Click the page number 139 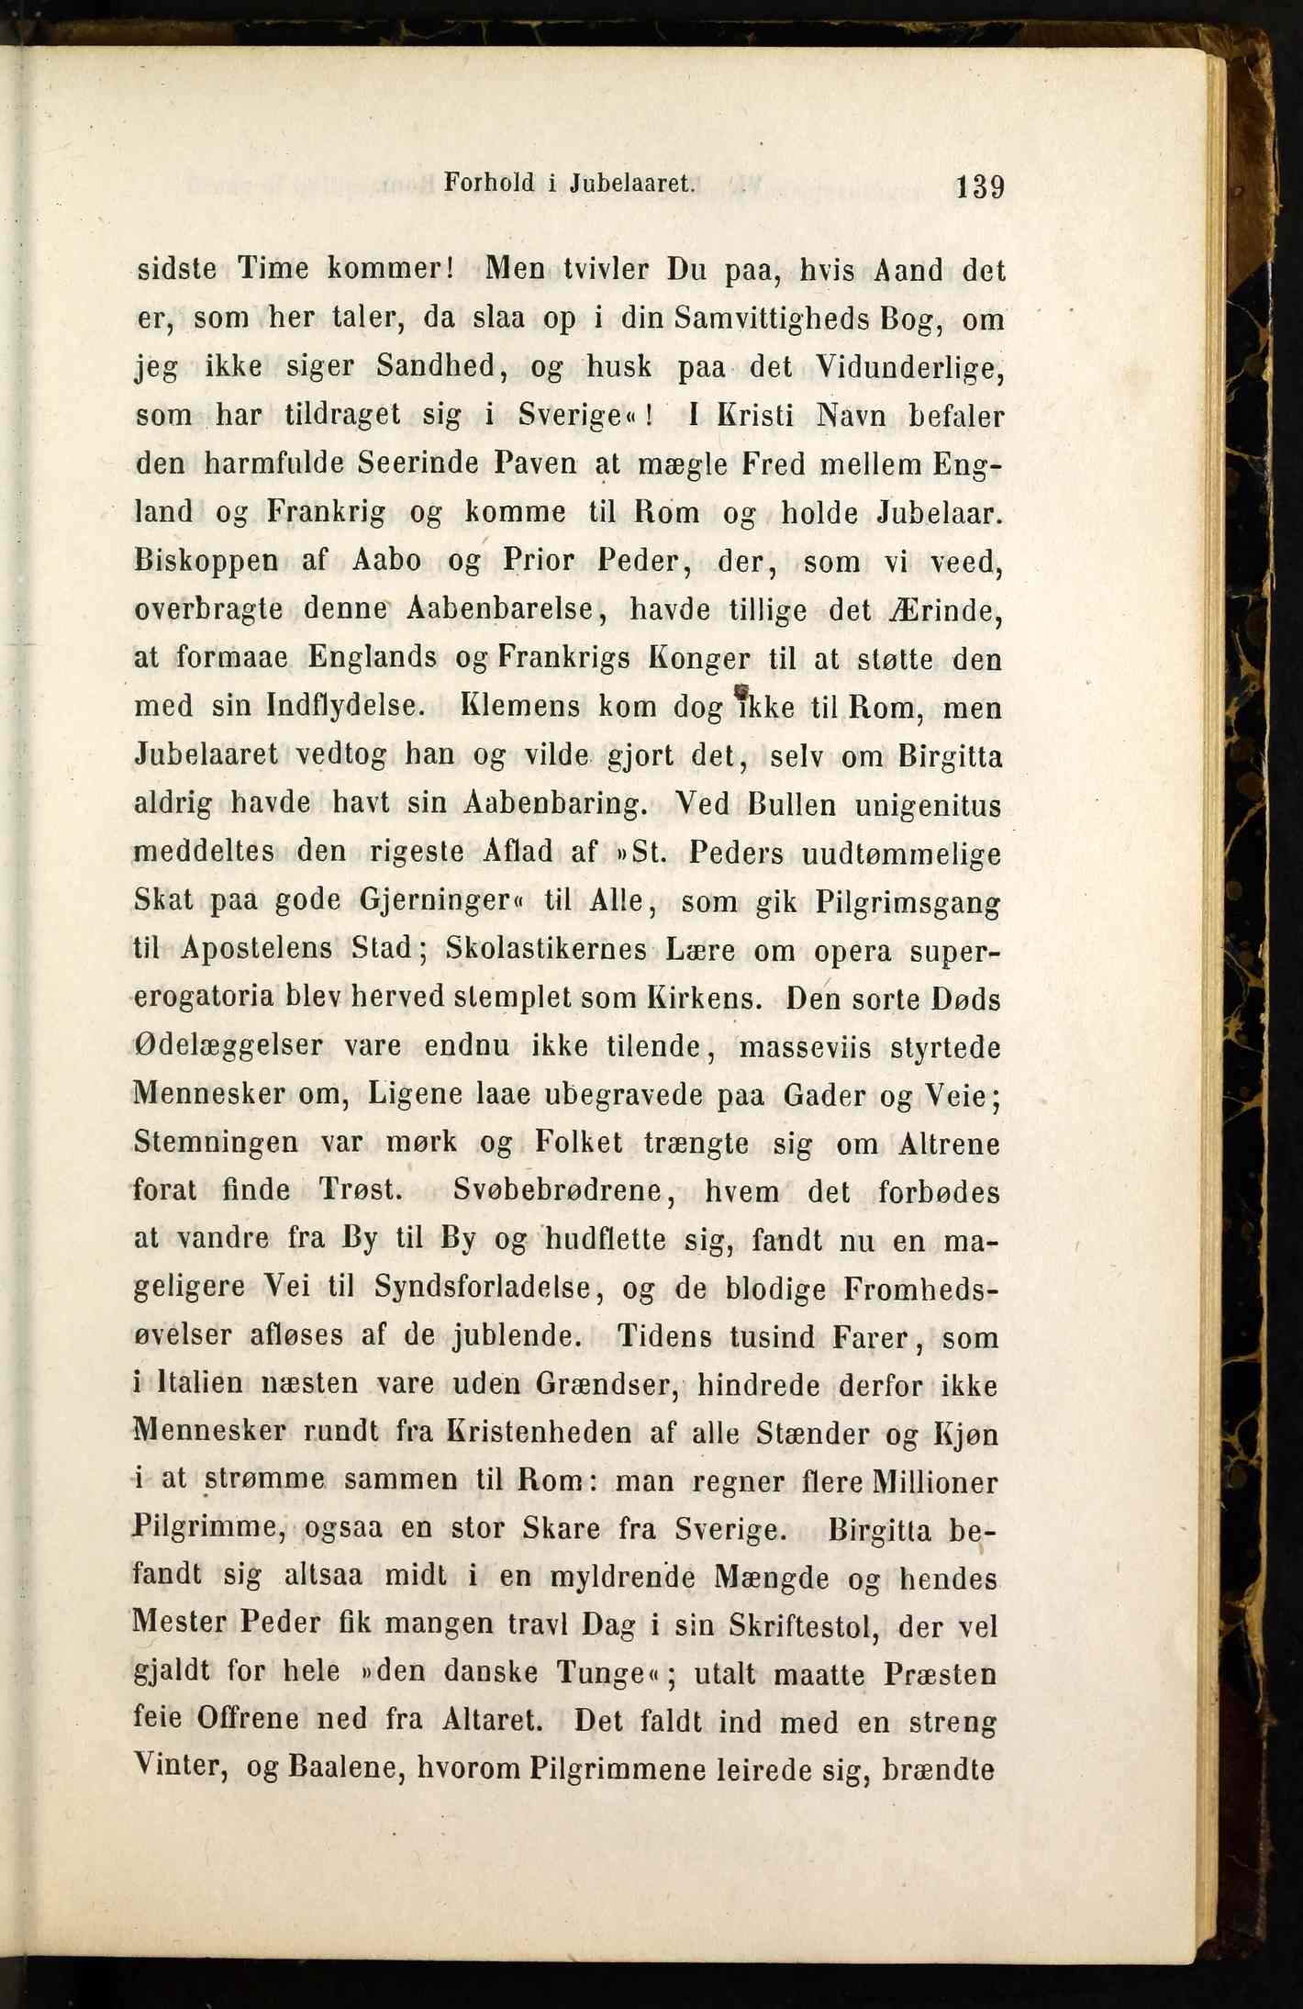tap(980, 187)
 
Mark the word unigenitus tap(928, 805)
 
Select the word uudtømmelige tap(900, 854)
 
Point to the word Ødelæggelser tap(228, 1046)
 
